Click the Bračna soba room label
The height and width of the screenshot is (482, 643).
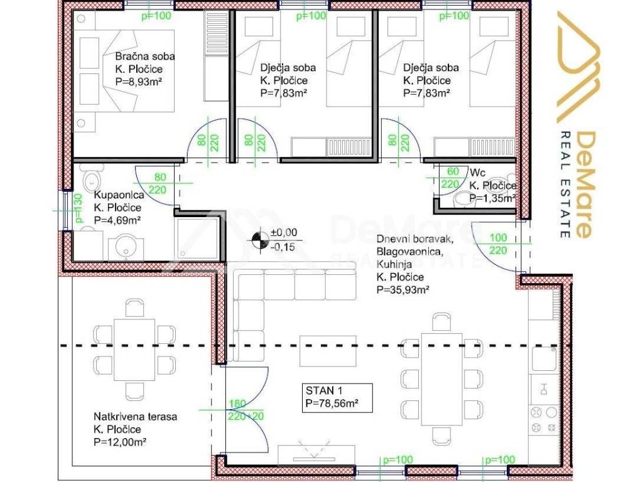click(144, 56)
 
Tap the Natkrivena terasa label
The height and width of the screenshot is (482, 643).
click(134, 416)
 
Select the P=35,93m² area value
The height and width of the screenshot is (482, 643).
click(403, 289)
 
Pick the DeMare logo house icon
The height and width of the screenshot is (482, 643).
click(577, 67)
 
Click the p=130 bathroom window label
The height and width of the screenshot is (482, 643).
click(79, 209)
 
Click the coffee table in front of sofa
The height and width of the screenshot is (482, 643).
click(324, 350)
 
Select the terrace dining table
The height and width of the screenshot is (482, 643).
click(134, 349)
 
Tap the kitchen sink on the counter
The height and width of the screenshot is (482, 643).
click(544, 358)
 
